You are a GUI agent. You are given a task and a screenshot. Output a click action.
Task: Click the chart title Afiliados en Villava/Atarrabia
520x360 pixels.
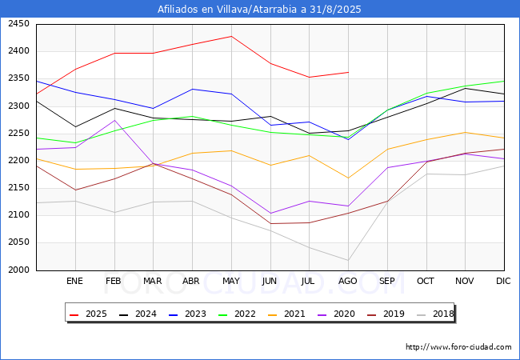coord(260,10)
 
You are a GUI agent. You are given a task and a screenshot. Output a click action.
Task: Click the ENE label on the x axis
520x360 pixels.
coord(74,282)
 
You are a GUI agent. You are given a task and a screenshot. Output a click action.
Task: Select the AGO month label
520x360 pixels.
coord(348,282)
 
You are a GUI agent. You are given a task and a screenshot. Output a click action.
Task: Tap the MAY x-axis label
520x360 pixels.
coord(230,282)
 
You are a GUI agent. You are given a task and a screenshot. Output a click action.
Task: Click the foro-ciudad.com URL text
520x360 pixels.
coord(458,347)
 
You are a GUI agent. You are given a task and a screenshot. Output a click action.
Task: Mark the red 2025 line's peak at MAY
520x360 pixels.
coord(230,36)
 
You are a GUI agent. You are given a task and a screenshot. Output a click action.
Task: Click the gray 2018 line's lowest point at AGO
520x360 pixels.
coord(348,260)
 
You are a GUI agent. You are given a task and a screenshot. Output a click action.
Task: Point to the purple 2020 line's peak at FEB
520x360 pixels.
coord(114,121)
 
